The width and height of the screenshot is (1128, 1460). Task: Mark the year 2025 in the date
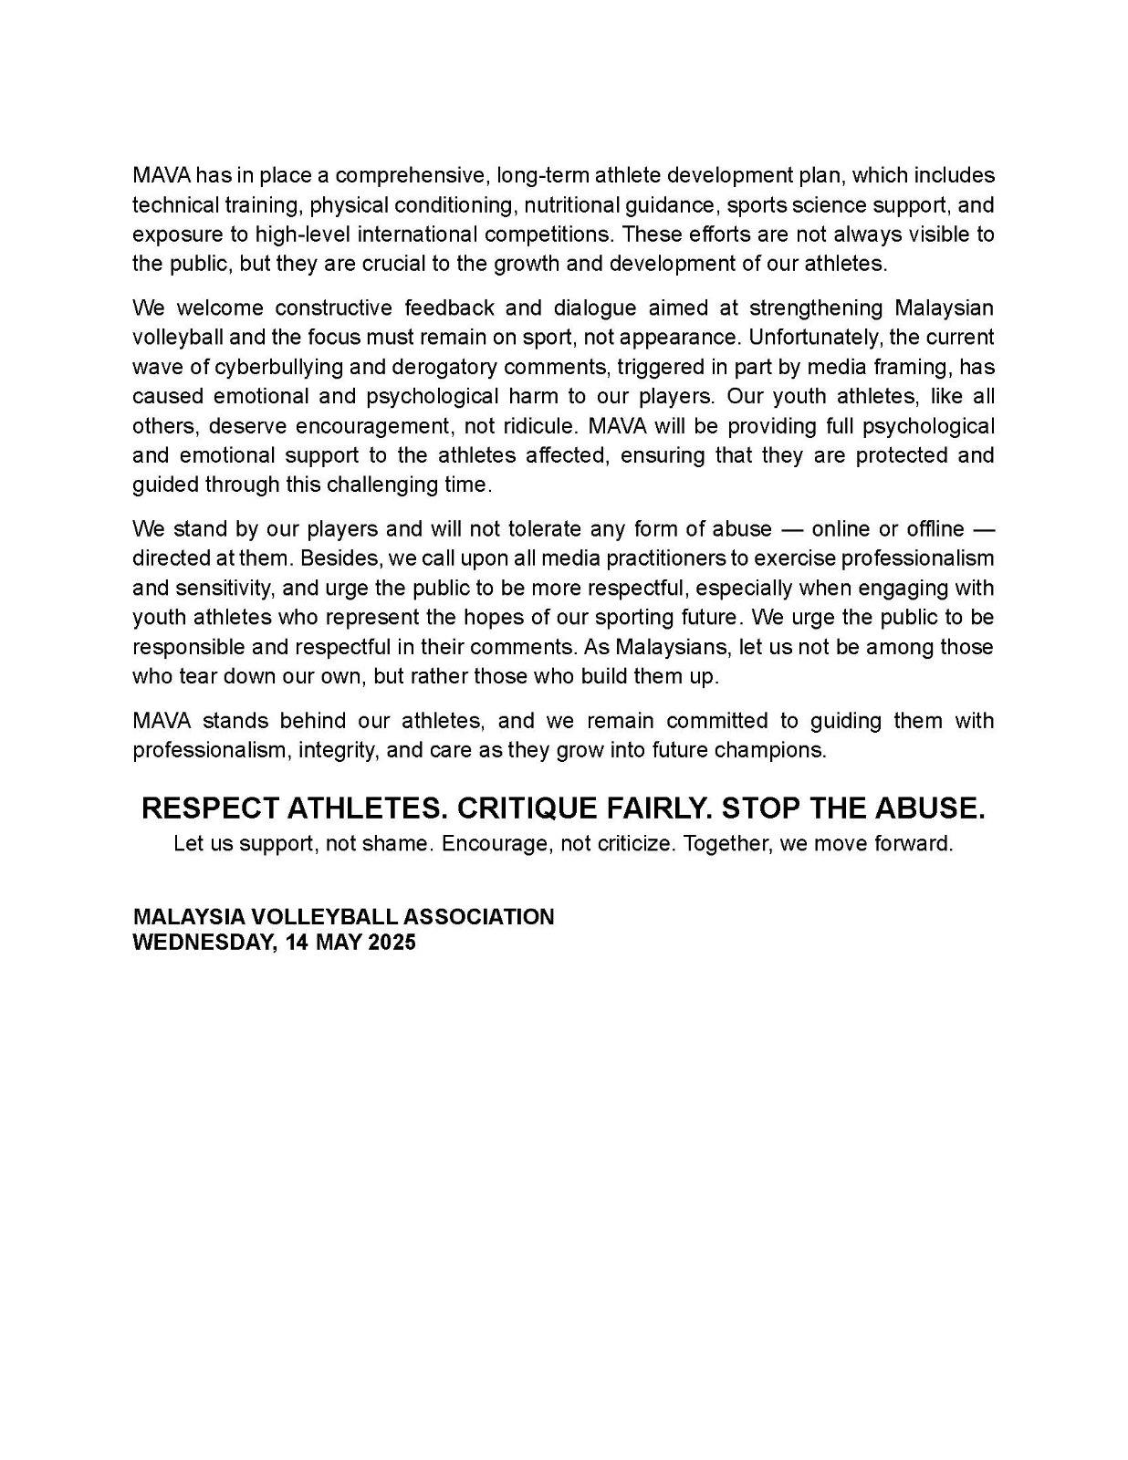392,943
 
